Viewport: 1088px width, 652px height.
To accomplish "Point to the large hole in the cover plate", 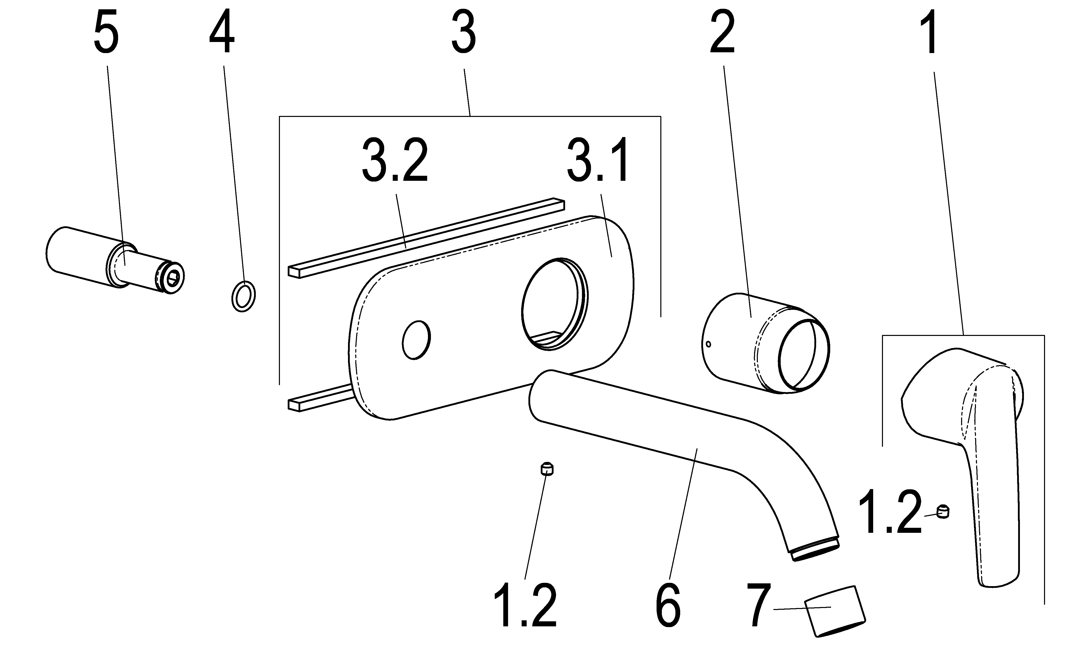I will click(x=554, y=304).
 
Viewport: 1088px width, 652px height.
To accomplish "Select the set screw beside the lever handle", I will click(x=942, y=512).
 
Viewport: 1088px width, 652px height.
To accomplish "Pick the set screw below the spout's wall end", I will click(x=547, y=469).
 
